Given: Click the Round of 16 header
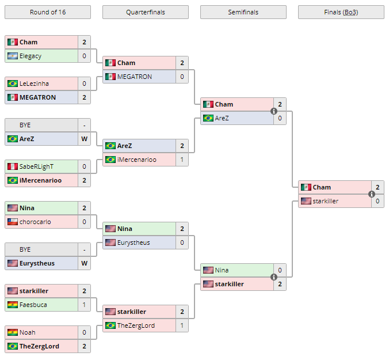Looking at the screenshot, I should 47,12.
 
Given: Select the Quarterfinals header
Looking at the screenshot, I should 145,12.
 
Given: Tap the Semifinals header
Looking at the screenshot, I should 243,12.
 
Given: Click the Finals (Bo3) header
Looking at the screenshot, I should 341,12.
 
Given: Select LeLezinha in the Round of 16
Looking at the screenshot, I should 34,84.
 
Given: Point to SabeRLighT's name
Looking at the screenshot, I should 36,166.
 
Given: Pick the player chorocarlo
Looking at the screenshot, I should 35,222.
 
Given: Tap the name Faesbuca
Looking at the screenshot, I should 33,305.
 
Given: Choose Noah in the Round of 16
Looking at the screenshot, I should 27,332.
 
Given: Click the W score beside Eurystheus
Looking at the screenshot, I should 84,263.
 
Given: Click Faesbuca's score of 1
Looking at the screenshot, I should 84,305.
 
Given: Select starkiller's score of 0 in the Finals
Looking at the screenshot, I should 377,201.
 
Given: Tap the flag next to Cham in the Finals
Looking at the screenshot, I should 306,187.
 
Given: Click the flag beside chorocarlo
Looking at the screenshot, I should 13,222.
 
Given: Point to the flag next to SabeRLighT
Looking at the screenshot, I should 13,166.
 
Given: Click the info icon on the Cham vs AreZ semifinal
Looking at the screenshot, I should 274,111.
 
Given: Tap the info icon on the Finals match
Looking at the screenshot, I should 372,194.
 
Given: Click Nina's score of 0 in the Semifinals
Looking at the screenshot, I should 280,270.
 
